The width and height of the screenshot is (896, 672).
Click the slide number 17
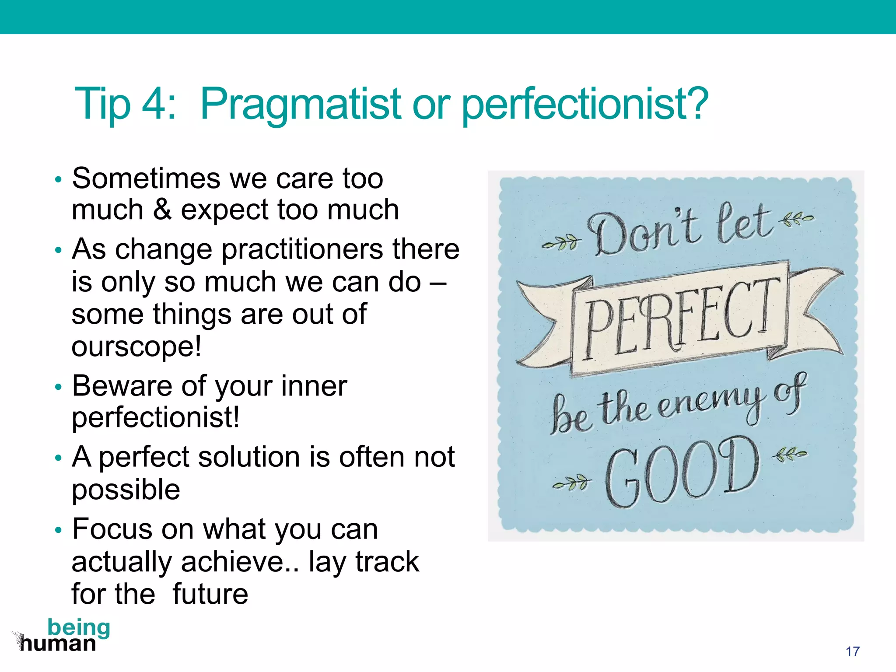[852, 651]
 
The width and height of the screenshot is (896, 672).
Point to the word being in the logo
[79, 628]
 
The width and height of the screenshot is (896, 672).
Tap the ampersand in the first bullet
[162, 210]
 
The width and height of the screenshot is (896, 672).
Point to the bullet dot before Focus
[58, 530]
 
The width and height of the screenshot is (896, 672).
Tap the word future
[210, 594]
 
